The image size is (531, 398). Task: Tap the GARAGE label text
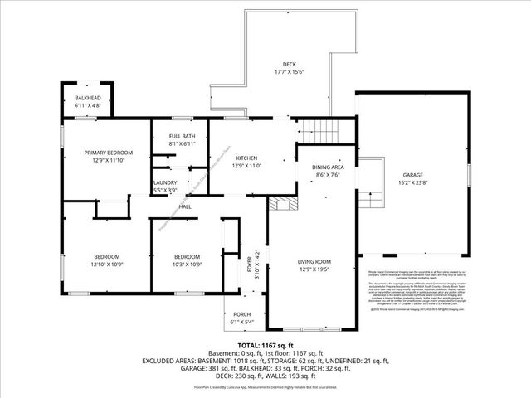pyautogui.click(x=413, y=176)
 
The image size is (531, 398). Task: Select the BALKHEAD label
pyautogui.click(x=87, y=99)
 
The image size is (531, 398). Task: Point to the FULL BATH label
pyautogui.click(x=183, y=136)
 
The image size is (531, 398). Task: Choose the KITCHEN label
pyautogui.click(x=248, y=158)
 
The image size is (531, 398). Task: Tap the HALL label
pyautogui.click(x=186, y=206)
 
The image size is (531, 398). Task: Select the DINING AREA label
pyautogui.click(x=327, y=167)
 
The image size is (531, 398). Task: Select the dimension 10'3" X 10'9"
pyautogui.click(x=187, y=264)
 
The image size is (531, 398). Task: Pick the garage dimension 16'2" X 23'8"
pyautogui.click(x=413, y=184)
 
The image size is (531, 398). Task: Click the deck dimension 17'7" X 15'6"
pyautogui.click(x=289, y=71)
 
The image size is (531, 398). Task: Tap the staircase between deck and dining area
pyautogui.click(x=321, y=130)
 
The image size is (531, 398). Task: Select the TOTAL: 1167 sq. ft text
pyautogui.click(x=265, y=345)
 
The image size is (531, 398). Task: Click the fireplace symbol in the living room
pyautogui.click(x=285, y=206)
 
